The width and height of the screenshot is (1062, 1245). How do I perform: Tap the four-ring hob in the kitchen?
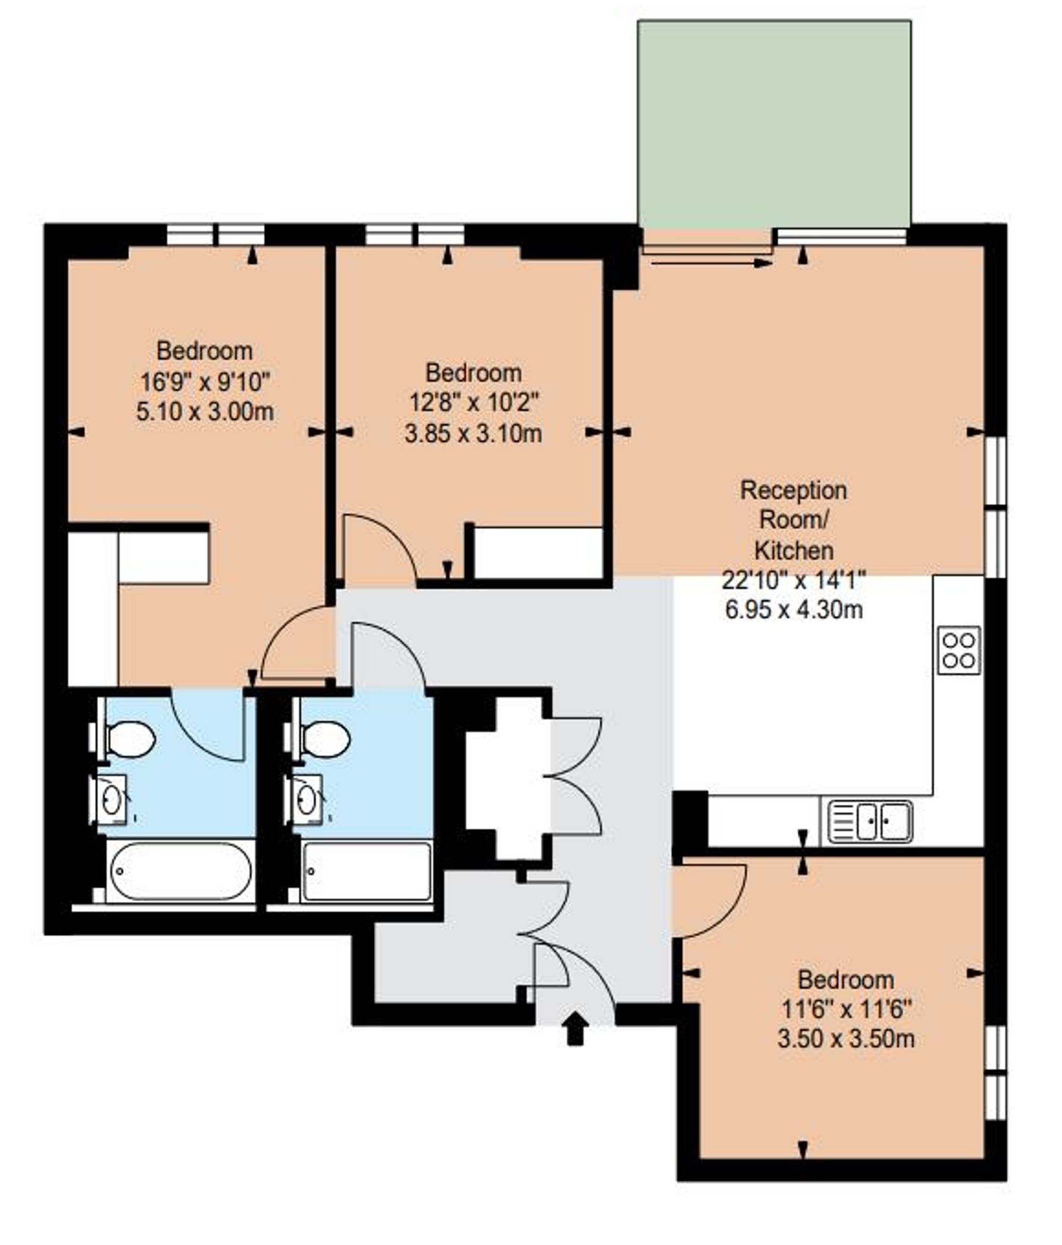click(958, 650)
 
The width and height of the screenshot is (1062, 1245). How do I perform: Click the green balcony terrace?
click(774, 123)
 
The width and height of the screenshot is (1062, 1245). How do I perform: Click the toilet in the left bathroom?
click(128, 739)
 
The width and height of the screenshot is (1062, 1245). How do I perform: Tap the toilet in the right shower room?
click(323, 739)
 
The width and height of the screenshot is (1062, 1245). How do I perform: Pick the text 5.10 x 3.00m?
click(204, 412)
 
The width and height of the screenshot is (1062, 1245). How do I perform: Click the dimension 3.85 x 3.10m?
click(473, 434)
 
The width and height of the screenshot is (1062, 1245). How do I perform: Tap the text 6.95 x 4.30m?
click(793, 610)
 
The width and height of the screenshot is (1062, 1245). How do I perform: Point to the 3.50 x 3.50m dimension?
click(846, 1038)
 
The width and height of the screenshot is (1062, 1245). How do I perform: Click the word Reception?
click(793, 491)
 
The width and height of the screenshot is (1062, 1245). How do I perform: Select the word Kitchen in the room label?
click(793, 551)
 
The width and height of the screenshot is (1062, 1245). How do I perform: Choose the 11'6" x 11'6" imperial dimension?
click(846, 1009)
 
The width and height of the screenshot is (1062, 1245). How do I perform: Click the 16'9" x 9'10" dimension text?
click(204, 382)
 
